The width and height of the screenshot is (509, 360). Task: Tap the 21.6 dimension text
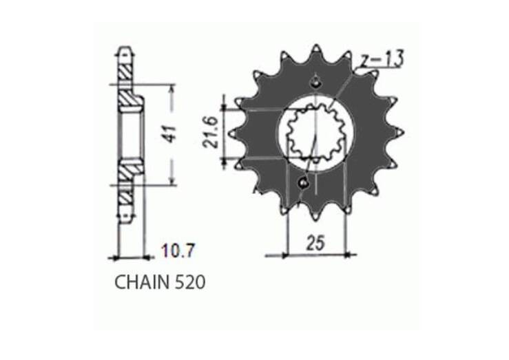pos(210,132)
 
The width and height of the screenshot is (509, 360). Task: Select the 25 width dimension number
pos(316,243)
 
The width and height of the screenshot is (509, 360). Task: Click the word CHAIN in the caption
pos(142,282)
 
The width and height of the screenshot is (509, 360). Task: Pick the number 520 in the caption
pos(190,282)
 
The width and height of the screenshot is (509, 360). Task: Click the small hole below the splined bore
pos(304,183)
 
